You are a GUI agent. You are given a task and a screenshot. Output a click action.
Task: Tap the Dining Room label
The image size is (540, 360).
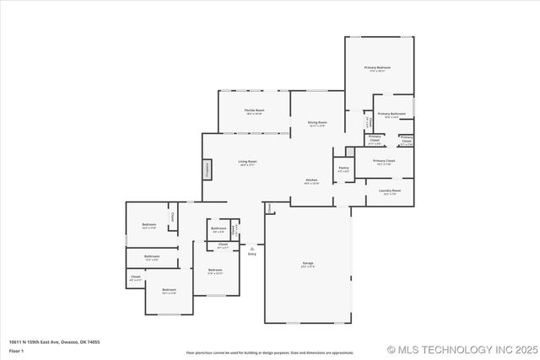click(x=317, y=124)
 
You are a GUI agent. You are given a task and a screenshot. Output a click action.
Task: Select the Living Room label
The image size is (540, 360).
click(x=247, y=163)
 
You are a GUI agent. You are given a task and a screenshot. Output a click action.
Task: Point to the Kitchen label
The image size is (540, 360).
click(x=311, y=181)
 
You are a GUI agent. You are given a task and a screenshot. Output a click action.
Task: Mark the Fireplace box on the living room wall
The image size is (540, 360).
click(x=206, y=169)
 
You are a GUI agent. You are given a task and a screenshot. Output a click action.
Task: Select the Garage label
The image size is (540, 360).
click(x=308, y=265)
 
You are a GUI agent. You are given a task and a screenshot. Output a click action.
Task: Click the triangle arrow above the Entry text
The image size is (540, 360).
click(x=252, y=248)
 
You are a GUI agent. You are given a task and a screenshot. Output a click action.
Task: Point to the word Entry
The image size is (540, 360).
click(x=252, y=254)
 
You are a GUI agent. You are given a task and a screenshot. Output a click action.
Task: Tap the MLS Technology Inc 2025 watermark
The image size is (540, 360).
click(x=461, y=349)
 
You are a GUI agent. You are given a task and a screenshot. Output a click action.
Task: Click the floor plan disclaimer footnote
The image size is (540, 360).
click(x=270, y=352)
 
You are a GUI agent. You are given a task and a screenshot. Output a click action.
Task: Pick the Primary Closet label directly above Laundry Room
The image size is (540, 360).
click(x=385, y=162)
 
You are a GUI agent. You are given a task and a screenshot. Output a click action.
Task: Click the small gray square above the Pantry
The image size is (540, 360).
click(x=349, y=152)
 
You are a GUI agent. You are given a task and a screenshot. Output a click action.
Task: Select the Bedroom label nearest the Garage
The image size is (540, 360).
click(x=215, y=271)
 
